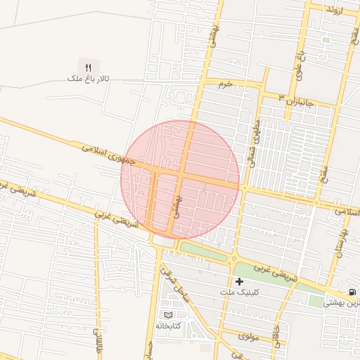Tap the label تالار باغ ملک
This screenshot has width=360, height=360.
[88, 79]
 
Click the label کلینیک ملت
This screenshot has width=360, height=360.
[239, 292]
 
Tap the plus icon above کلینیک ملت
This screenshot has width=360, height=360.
[239, 281]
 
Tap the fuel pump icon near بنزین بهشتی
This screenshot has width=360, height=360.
[352, 292]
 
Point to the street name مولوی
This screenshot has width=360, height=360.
[250, 336]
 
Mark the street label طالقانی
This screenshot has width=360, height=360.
[97, 340]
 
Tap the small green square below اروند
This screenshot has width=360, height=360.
[326, 40]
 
